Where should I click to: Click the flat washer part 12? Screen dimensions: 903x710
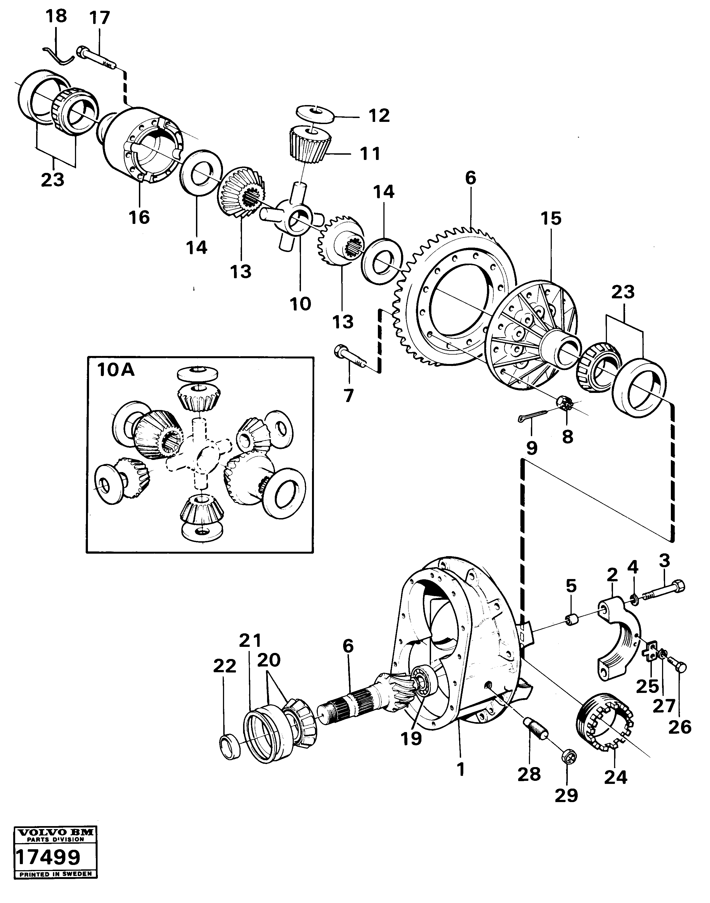316,114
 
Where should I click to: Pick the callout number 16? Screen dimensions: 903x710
139,217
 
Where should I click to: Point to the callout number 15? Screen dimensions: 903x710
551,219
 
